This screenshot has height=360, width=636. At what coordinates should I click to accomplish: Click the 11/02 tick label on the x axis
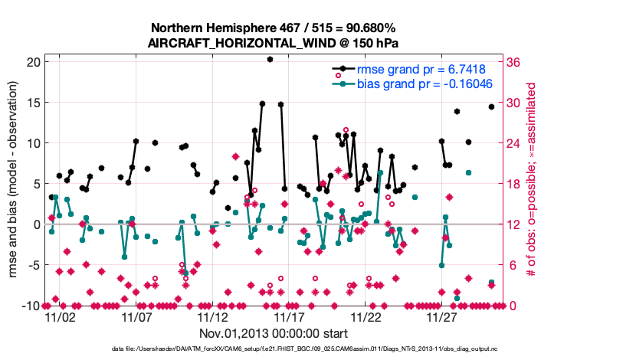pyautogui.click(x=60, y=316)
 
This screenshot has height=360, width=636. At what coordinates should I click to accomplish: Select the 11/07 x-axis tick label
pyautogui.click(x=136, y=316)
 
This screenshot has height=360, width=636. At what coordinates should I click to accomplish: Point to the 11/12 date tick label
pyautogui.click(x=212, y=316)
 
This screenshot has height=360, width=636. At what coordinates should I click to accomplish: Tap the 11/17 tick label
pyautogui.click(x=289, y=316)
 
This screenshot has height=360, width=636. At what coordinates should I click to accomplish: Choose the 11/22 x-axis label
pyautogui.click(x=366, y=316)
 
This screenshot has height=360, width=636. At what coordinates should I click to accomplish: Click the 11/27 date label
pyautogui.click(x=442, y=316)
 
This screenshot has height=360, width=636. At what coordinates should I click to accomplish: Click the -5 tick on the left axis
pyautogui.click(x=31, y=265)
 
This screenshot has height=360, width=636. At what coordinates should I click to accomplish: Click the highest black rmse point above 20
pyautogui.click(x=270, y=59)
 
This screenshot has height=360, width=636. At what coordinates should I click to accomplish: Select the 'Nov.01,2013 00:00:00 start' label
pyautogui.click(x=273, y=333)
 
